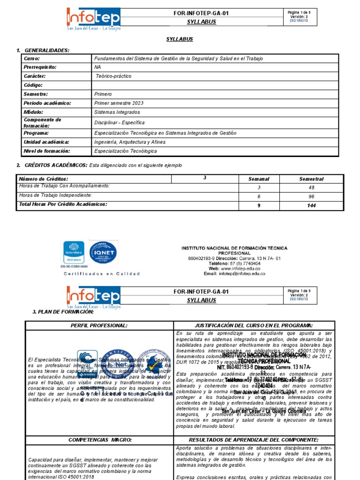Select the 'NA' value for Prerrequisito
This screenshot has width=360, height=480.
point(97,67)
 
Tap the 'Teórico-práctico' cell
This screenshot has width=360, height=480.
point(113,76)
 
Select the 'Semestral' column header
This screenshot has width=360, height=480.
point(311,179)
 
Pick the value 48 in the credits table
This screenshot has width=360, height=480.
point(311,187)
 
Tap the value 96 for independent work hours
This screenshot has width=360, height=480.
point(311,196)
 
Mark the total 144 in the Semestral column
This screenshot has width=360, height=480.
point(311,205)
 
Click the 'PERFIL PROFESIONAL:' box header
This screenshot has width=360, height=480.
point(99,325)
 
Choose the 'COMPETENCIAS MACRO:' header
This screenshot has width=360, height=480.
point(99,440)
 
